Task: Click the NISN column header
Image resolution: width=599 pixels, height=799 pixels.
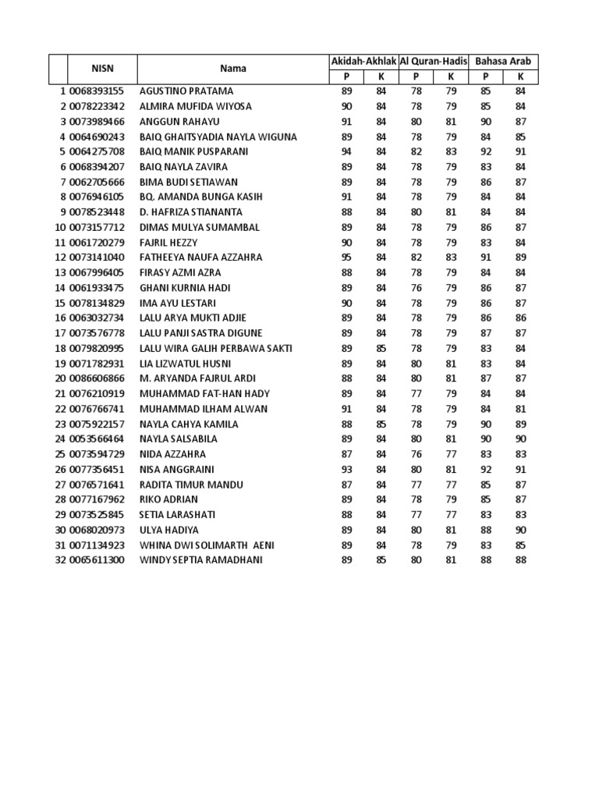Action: click(x=103, y=68)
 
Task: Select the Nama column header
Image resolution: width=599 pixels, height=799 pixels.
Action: click(x=232, y=68)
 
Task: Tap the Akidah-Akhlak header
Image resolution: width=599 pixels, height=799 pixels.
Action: click(x=364, y=61)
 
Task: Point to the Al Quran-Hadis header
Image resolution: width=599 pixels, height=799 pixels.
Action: click(x=433, y=61)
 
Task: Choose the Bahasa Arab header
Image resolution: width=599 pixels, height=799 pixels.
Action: click(x=502, y=61)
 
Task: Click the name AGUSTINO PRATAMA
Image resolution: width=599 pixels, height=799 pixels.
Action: click(x=186, y=91)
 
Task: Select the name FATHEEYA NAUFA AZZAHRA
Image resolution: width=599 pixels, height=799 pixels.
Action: click(x=200, y=257)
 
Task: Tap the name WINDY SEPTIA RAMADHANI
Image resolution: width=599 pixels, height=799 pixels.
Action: click(x=200, y=560)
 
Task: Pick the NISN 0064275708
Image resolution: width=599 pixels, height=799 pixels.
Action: click(x=97, y=151)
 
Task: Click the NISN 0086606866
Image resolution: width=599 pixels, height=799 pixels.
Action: click(x=97, y=378)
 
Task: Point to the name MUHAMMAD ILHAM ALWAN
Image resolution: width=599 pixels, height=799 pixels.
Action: click(x=203, y=409)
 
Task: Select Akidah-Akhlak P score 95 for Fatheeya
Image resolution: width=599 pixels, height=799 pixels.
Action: click(x=347, y=257)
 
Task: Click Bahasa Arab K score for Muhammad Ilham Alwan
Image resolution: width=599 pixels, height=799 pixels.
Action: click(x=521, y=409)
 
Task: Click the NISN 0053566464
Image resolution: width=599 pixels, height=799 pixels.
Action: click(x=97, y=439)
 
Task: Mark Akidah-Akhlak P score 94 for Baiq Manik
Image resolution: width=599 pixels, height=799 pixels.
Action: click(x=347, y=151)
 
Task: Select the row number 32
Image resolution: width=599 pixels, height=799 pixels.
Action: click(x=60, y=560)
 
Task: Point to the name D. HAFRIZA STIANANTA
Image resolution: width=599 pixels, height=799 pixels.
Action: click(x=190, y=212)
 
